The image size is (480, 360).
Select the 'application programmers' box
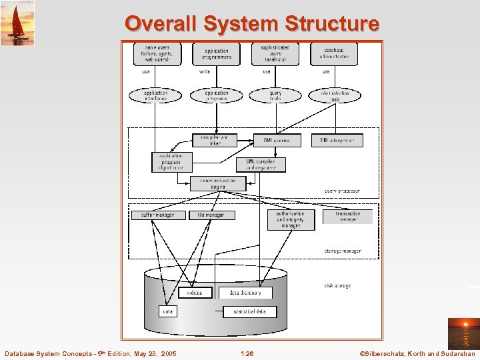coord(216,53)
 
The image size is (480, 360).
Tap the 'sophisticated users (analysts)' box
coord(275,53)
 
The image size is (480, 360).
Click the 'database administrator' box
coord(334,53)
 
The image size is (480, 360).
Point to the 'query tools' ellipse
coord(275,95)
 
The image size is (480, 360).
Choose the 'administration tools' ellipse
coord(334,95)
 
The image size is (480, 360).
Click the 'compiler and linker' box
coord(214,140)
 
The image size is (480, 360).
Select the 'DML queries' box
coord(277,140)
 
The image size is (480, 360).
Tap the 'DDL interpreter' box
coord(341,140)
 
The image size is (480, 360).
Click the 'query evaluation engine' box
coord(217,183)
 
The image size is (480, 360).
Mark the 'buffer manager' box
coord(158,215)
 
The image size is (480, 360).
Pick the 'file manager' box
coord(211,215)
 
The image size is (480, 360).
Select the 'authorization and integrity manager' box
coord(291,220)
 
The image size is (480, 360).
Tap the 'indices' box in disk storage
coord(195,293)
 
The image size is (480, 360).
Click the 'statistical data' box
coord(249,311)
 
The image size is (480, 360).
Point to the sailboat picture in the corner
coord(17,23)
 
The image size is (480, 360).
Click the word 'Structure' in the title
coord(331,24)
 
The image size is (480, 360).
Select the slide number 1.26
coord(247,353)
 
